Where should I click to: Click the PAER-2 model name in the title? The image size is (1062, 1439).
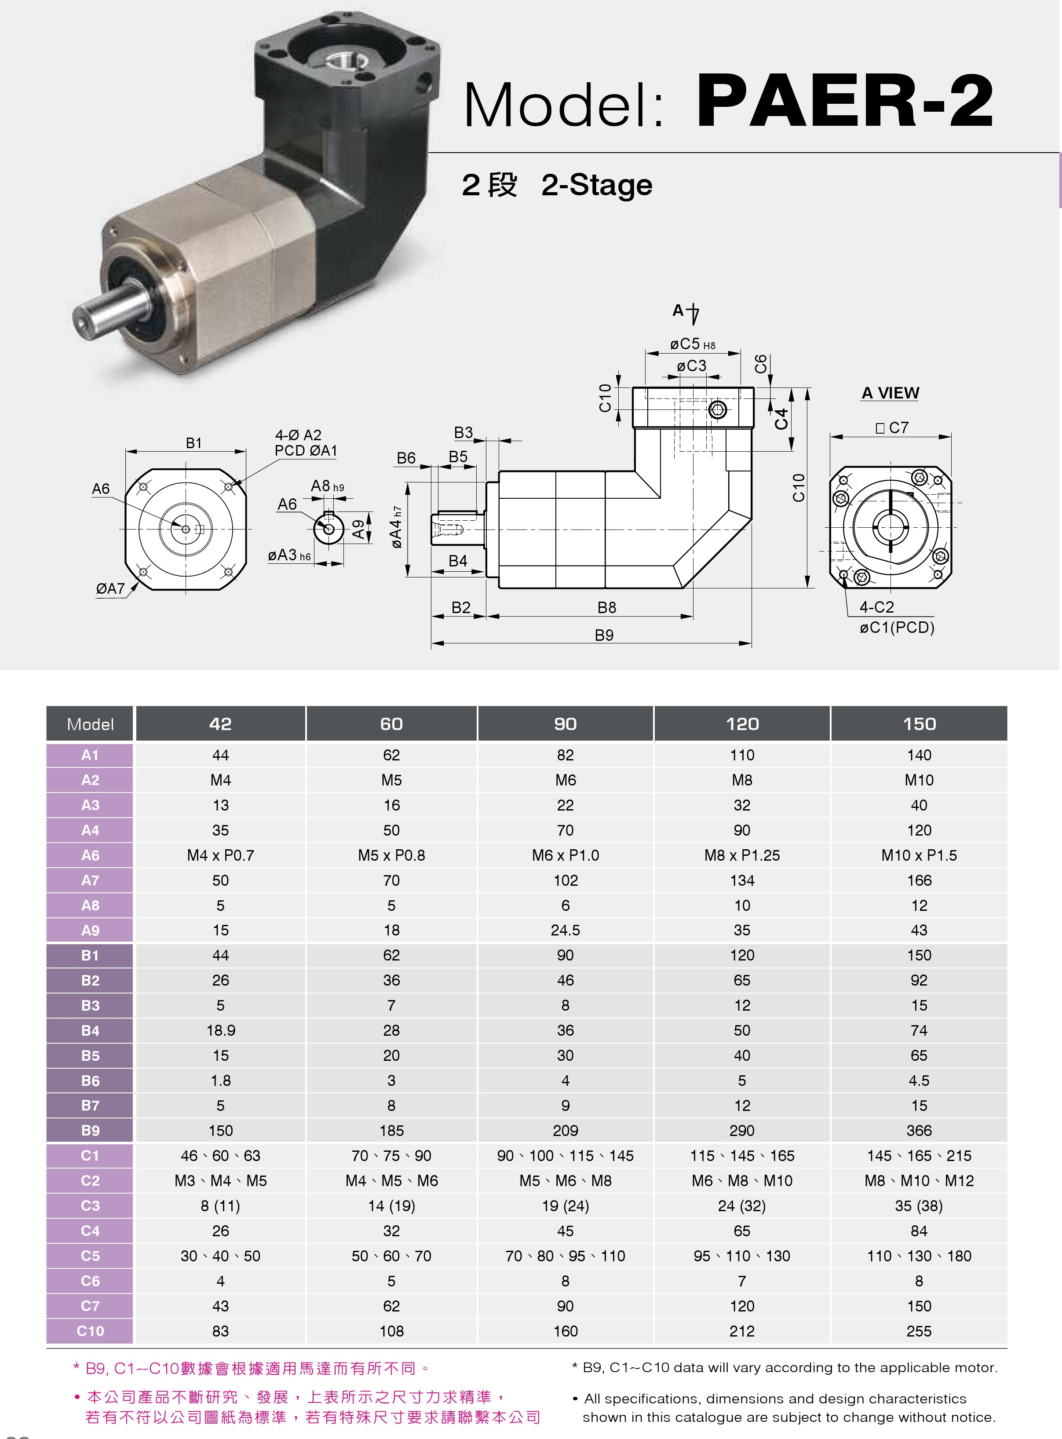844,102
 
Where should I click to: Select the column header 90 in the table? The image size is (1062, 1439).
565,724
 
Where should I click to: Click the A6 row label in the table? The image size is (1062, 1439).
90,855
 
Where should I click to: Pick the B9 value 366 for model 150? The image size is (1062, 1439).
919,1130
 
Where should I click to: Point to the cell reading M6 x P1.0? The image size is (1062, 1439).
565,855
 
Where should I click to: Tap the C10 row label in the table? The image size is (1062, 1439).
90,1331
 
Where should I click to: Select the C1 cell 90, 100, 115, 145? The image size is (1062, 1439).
565,1155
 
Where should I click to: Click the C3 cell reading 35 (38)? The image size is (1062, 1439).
919,1205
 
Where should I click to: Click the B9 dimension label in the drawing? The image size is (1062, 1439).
604,635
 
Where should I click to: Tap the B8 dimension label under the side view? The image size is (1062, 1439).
606,608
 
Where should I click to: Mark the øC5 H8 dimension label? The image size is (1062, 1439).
692,345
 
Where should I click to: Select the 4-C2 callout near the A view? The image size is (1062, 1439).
876,607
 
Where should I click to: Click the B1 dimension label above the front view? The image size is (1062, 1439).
193,443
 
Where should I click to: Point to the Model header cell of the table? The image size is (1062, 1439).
90,724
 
